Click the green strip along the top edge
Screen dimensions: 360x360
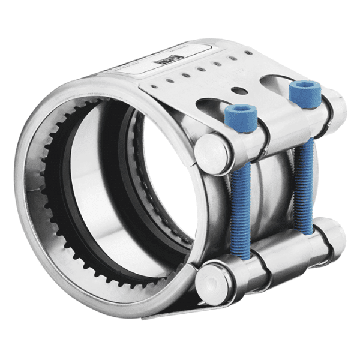coord(180,15)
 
